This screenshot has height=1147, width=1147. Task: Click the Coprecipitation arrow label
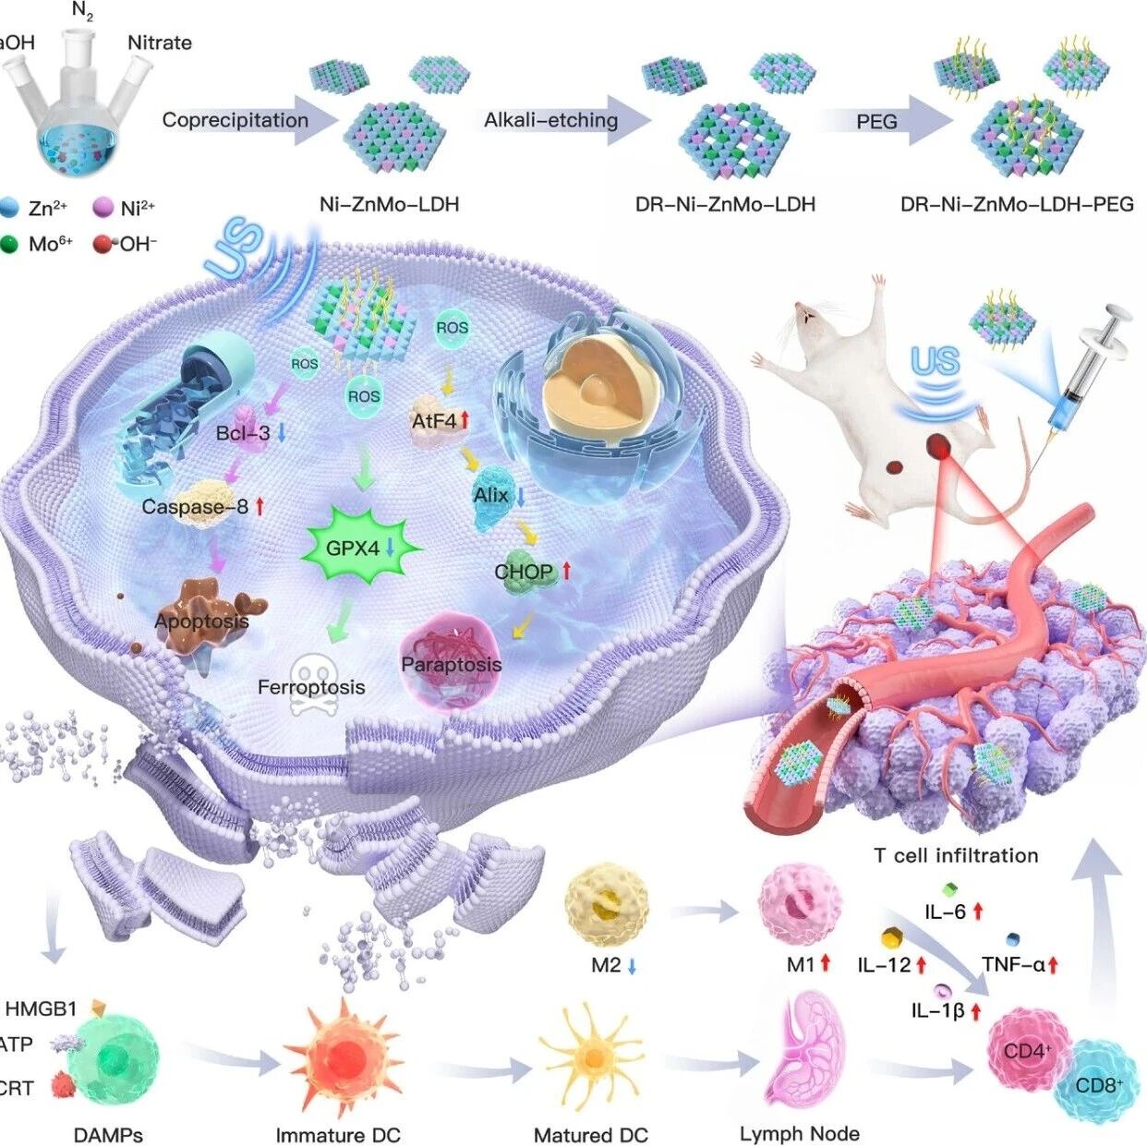[x=235, y=120]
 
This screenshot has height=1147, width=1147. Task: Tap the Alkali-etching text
[x=550, y=120]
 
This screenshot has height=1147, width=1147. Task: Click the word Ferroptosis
[x=311, y=687]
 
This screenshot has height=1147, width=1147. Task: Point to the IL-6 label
[x=946, y=912]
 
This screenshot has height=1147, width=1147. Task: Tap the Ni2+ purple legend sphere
[x=103, y=208]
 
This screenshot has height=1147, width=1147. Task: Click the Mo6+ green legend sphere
[x=10, y=245]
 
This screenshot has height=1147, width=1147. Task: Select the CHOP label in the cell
[x=524, y=572]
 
